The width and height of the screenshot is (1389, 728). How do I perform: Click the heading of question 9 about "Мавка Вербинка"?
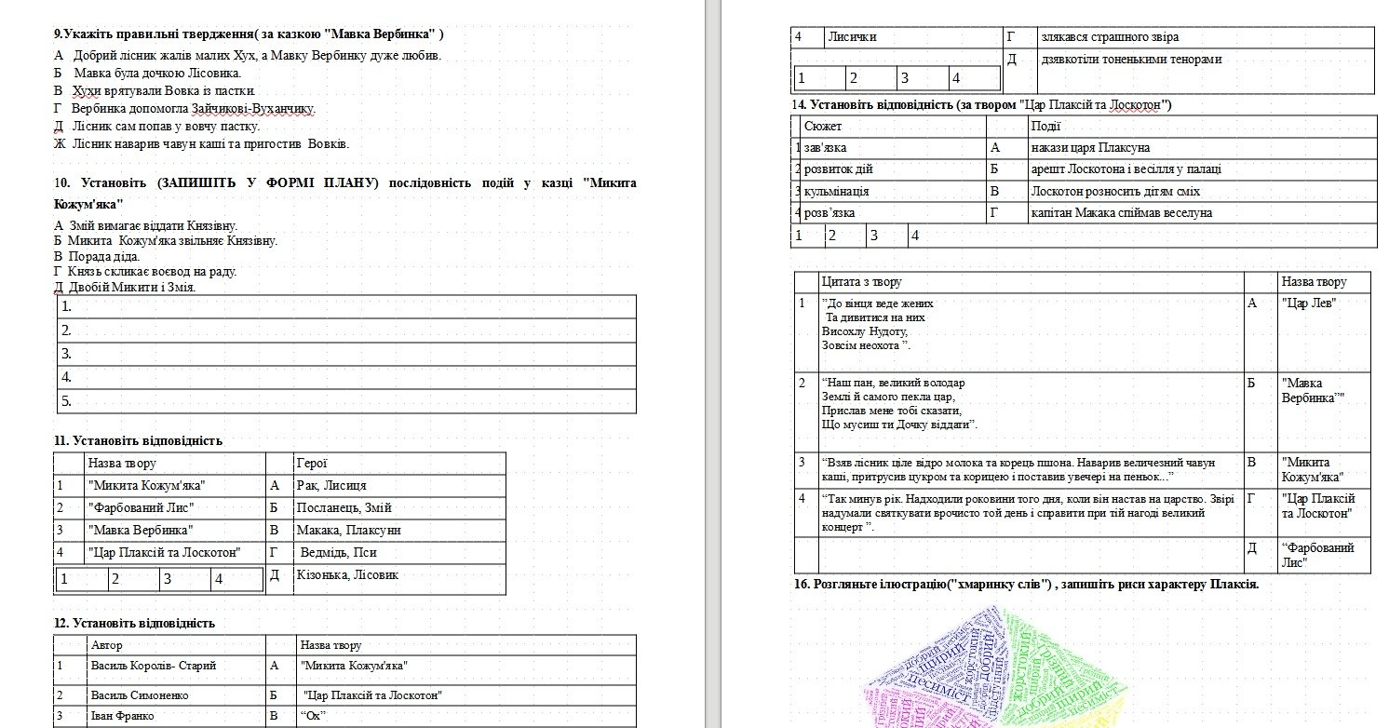[249, 34]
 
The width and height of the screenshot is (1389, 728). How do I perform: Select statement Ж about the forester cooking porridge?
[202, 143]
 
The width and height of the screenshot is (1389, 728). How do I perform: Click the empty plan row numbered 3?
[345, 354]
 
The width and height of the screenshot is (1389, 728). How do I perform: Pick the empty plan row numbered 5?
[345, 401]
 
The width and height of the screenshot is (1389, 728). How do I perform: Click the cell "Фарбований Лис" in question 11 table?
[141, 507]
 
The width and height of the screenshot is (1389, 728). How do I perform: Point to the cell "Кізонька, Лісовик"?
[347, 575]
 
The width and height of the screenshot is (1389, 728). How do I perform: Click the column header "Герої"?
[312, 463]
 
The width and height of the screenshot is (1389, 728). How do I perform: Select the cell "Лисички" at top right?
[852, 37]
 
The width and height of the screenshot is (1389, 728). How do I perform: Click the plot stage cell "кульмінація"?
[837, 191]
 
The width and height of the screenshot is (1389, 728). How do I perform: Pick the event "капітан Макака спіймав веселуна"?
[1121, 212]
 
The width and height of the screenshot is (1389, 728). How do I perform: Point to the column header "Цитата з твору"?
[861, 281]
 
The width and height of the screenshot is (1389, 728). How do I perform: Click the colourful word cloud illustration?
[996, 670]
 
